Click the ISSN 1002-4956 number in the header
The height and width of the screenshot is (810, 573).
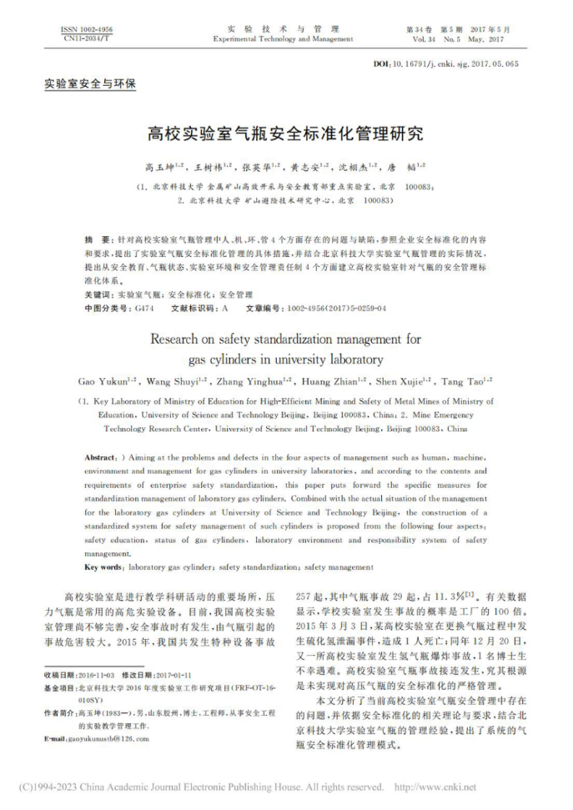pyautogui.click(x=87, y=29)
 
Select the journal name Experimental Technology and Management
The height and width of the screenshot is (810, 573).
pyautogui.click(x=283, y=39)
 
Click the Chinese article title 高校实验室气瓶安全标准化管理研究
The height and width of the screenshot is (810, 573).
pyautogui.click(x=285, y=133)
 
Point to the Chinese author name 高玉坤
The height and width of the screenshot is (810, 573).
pyautogui.click(x=161, y=166)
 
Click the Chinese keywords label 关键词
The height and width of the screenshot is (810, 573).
pyautogui.click(x=98, y=295)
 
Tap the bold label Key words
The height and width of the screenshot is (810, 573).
pyautogui.click(x=103, y=567)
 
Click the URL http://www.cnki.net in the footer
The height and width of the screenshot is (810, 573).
pyautogui.click(x=434, y=787)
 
